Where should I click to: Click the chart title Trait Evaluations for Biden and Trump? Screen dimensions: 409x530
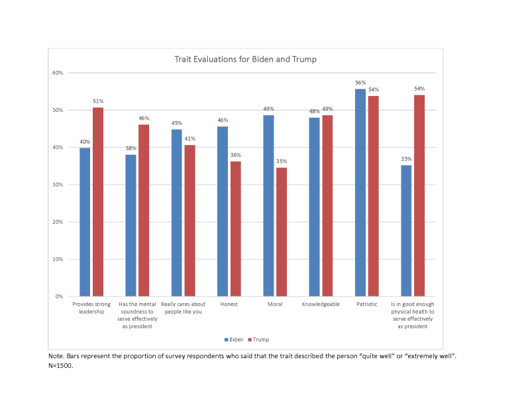[x=246, y=60]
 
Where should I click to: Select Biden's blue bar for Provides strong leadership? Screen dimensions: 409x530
[x=85, y=222]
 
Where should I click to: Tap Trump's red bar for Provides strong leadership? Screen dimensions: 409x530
[x=97, y=202]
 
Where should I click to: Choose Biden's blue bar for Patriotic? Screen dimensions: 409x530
[x=360, y=193]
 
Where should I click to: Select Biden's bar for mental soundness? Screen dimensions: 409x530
[x=131, y=225]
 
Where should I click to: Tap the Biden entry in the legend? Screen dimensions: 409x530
[x=233, y=340]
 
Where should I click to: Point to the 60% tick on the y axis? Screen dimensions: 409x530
[x=58, y=72]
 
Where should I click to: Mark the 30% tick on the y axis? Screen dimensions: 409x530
[x=58, y=185]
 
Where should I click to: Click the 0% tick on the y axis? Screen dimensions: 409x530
[x=60, y=296]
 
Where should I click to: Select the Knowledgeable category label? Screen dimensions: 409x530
[x=321, y=304]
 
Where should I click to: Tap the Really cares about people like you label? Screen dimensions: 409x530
[x=183, y=308]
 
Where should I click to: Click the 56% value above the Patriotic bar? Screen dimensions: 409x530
[x=360, y=83]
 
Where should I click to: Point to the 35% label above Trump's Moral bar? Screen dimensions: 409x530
[x=282, y=161]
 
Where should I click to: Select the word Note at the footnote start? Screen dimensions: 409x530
[x=56, y=356]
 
